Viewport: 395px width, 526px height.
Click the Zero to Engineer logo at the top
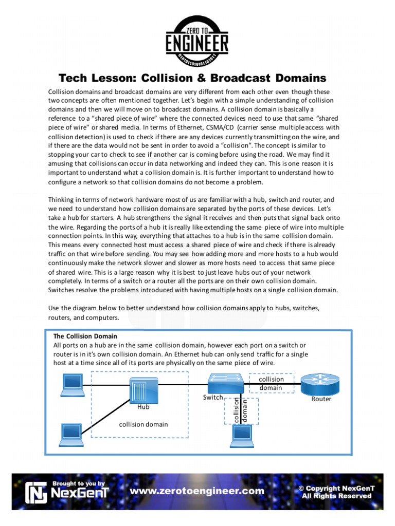(197, 37)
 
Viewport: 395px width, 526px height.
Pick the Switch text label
(213, 397)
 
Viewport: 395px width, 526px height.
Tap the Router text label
(321, 399)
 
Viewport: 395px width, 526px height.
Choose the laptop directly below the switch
(240, 436)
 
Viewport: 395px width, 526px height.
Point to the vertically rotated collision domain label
(241, 410)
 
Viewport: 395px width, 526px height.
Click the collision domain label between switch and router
(271, 383)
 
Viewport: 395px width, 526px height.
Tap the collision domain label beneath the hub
(143, 424)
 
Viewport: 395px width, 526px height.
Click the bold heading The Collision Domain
(85, 336)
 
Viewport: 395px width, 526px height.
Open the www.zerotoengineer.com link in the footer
(197, 491)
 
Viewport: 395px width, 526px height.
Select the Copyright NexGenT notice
(335, 492)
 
